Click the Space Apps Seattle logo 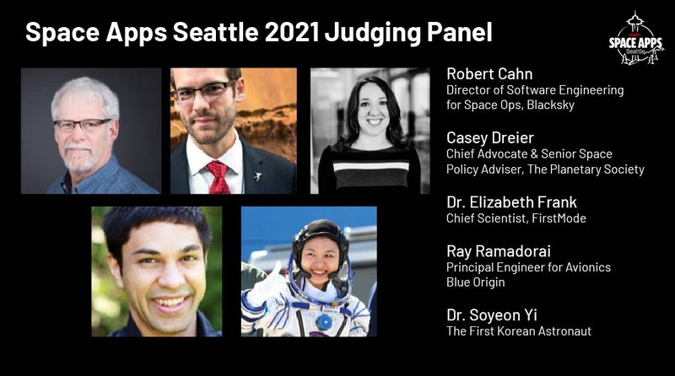[x=635, y=38]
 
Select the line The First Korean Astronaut [x=518, y=331]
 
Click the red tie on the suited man [x=219, y=177]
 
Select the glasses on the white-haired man [x=83, y=125]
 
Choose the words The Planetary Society [x=596, y=169]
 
